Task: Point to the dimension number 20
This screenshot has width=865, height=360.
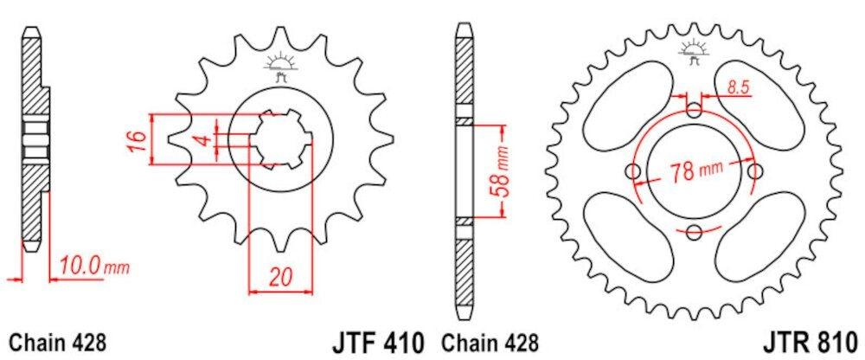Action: (277, 279)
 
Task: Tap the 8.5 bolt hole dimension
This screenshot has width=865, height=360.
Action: (738, 86)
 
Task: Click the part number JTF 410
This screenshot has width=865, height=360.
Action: (375, 340)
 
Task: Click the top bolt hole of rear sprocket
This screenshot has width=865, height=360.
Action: (695, 110)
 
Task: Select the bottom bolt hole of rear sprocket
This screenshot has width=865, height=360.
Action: (695, 230)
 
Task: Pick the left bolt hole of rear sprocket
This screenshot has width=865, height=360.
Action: (634, 171)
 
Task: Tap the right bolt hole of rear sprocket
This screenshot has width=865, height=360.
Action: (755, 170)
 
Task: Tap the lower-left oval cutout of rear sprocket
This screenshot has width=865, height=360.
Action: (626, 235)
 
